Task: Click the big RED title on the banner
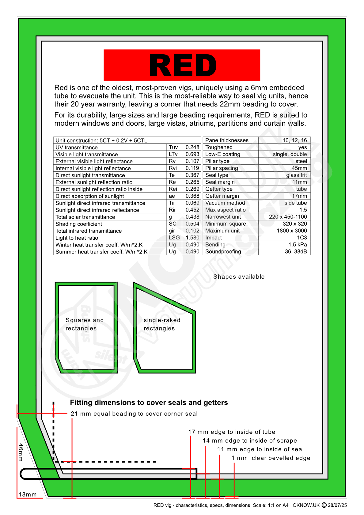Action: [183, 66]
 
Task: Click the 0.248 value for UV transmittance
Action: [192, 147]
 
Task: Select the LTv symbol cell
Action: [173, 154]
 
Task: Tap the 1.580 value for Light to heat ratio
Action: [192, 238]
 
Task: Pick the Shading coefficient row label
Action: [79, 224]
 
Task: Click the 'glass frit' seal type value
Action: [296, 175]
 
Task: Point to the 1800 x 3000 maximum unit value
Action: [292, 231]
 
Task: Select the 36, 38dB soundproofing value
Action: [296, 252]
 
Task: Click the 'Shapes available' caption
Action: [239, 277]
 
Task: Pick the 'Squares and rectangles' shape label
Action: [85, 324]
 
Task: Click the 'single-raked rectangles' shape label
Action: [162, 324]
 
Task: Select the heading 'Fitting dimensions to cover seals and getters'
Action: [149, 403]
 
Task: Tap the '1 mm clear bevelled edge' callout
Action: [271, 458]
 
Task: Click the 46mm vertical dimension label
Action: [21, 452]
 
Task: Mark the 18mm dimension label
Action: [28, 494]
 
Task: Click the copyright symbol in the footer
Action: [324, 505]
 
